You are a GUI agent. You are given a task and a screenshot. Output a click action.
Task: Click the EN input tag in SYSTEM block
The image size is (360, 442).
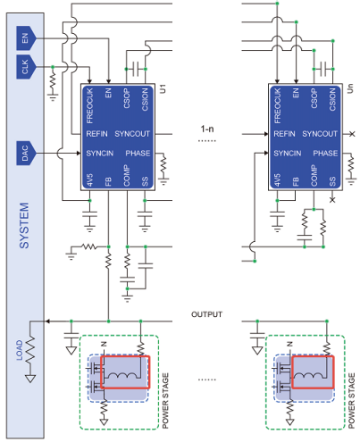[26, 38]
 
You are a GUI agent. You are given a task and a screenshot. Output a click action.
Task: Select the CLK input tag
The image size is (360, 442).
[26, 67]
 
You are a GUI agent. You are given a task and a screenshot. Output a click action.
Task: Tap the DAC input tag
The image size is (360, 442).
[26, 153]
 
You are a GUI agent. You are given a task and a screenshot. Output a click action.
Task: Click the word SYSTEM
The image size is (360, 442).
[24, 225]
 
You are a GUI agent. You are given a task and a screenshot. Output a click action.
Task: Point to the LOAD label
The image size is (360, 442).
[19, 350]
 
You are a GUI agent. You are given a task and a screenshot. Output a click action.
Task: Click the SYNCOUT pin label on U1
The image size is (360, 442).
[132, 134]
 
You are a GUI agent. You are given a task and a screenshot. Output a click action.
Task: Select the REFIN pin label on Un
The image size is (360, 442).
[284, 134]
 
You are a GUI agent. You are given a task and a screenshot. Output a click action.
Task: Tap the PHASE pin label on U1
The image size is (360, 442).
[138, 154]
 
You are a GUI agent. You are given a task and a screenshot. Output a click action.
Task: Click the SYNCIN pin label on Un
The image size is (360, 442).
[288, 154]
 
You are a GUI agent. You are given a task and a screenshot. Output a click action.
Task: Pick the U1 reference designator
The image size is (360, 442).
[163, 88]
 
